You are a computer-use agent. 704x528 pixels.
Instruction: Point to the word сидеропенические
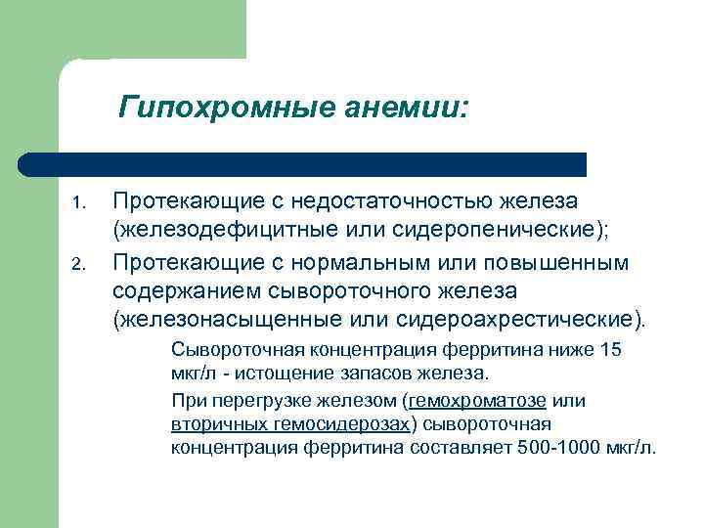pos(503,231)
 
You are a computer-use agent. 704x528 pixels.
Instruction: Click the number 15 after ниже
pos(609,350)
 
